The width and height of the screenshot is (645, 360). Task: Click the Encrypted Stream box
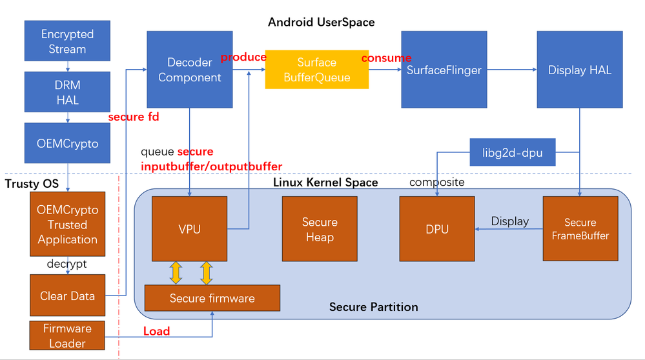pos(67,41)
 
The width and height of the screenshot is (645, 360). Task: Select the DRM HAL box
pos(67,92)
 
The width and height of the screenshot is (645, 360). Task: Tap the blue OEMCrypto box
pos(67,143)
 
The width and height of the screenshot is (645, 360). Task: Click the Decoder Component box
pos(189,70)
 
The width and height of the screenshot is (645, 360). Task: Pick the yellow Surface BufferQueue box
pos(316,70)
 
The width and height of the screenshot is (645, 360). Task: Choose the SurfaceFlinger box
pos(444,70)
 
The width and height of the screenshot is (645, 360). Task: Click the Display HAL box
pos(579,70)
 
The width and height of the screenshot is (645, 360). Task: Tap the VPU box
pos(189,229)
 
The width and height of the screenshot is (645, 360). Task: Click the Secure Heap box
pos(320,229)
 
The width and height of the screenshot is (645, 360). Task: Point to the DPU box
pos(437,229)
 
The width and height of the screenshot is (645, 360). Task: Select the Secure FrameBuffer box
pos(580,229)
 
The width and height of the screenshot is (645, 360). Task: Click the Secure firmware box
pos(212,298)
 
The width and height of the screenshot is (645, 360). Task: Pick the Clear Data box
pos(67,296)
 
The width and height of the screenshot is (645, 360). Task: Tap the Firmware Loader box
pos(67,335)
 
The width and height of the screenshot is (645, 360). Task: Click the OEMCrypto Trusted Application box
pos(67,225)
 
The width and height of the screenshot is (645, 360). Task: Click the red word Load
pos(156,331)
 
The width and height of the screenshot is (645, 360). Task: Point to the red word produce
pos(243,57)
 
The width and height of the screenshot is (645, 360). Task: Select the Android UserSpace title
pos(321,23)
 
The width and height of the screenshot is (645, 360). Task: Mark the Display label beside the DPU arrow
pos(509,221)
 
